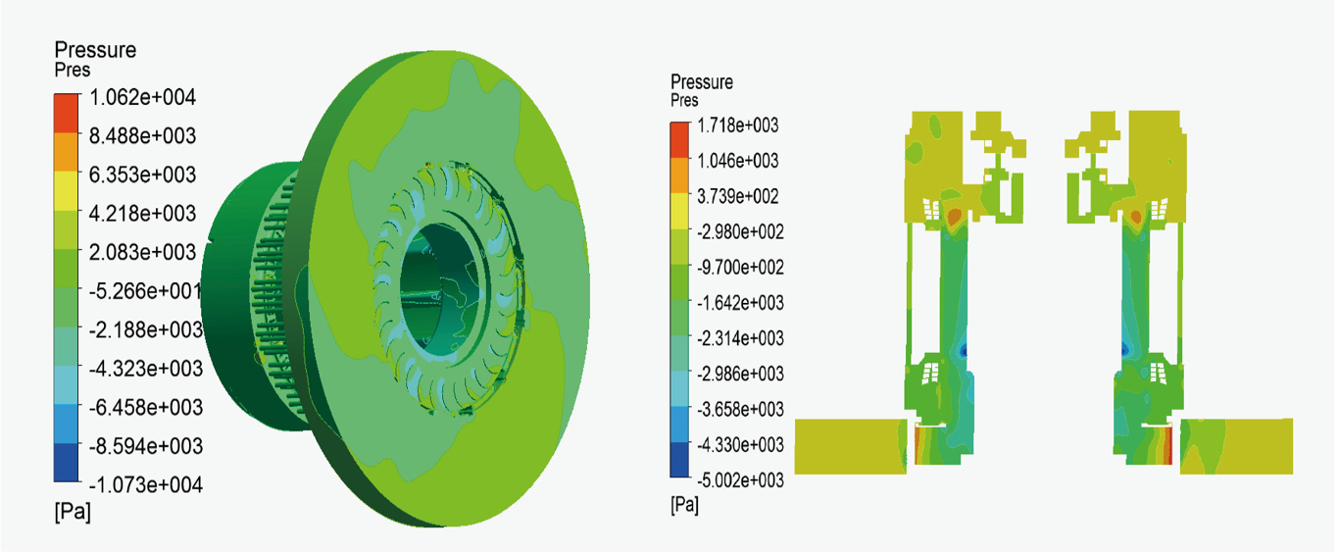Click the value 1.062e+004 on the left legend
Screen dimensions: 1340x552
[x=142, y=97]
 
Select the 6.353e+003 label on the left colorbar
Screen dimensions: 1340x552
[x=142, y=175]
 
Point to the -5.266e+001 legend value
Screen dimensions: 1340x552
[x=145, y=291]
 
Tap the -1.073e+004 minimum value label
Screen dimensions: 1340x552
[x=145, y=484]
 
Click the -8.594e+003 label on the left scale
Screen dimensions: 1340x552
[x=145, y=446]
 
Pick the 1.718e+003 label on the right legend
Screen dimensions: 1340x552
[x=738, y=125]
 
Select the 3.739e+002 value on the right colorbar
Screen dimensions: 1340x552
[x=738, y=196]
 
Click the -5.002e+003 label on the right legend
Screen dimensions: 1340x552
[x=741, y=480]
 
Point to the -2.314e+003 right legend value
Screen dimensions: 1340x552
[x=741, y=338]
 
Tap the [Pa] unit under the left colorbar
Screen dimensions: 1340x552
[x=73, y=512]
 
